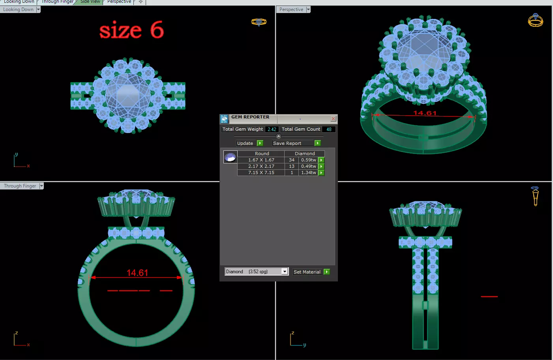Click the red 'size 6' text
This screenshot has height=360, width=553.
pos(131,30)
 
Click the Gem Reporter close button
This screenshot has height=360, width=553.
pos(333,118)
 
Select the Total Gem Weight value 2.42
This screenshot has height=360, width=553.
pos(272,129)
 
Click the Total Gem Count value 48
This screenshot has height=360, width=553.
pos(329,129)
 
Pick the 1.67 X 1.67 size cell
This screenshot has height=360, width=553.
pos(261,160)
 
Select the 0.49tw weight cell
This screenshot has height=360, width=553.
pos(308,166)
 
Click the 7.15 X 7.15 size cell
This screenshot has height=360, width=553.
pos(261,172)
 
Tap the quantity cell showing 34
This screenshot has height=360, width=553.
pos(292,160)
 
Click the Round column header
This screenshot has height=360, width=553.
pos(262,154)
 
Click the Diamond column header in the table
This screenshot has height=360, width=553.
pos(305,154)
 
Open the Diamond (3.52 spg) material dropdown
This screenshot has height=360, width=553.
pos(285,272)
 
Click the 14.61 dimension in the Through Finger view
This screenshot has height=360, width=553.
pos(137,273)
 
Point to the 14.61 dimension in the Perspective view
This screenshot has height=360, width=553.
pos(425,113)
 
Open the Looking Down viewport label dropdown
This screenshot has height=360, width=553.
pos(38,9)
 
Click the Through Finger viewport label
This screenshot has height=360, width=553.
pos(20,186)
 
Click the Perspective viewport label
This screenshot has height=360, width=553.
pos(291,9)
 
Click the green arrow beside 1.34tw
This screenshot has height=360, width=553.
pos(321,172)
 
